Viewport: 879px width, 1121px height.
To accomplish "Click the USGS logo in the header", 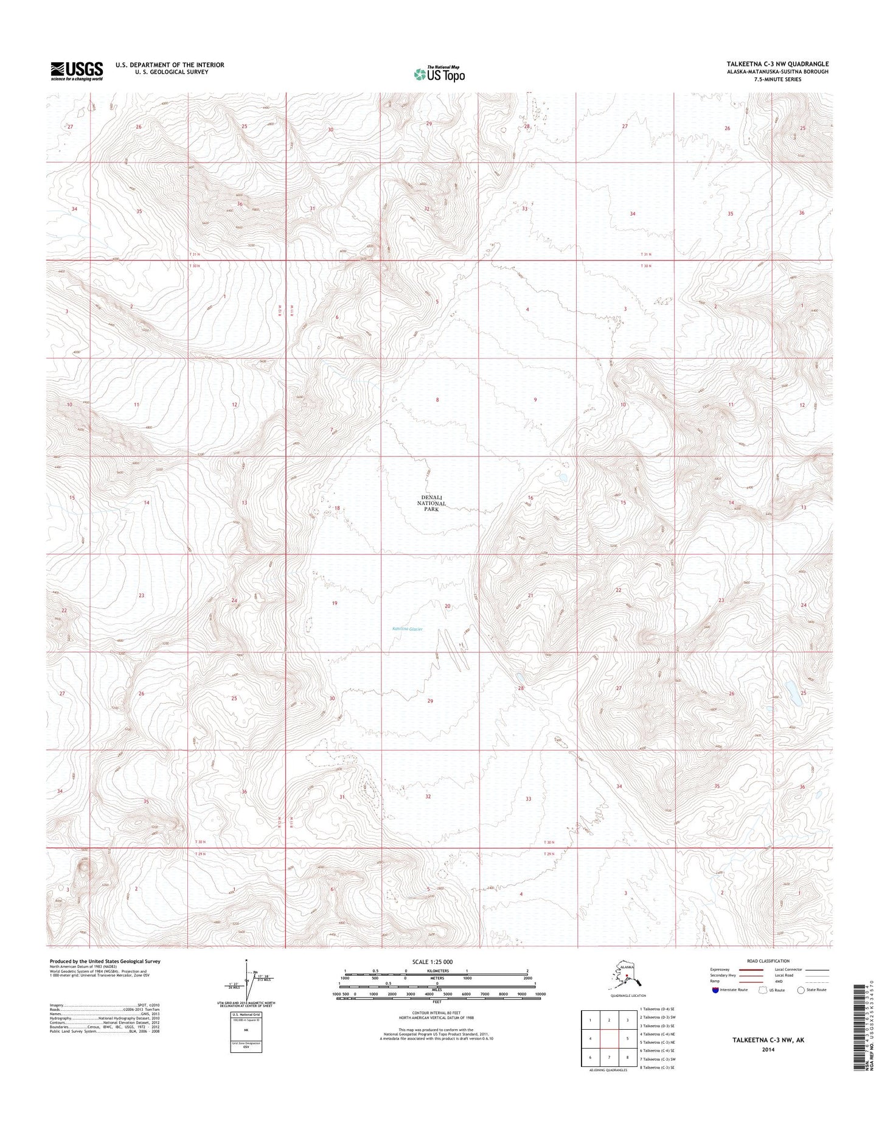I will click(76, 71).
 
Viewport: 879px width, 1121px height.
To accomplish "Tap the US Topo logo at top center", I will click(439, 74).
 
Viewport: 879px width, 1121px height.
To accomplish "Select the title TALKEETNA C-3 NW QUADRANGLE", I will click(781, 64).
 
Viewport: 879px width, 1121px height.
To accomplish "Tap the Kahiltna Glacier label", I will click(408, 629).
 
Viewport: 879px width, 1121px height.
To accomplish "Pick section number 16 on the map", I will click(530, 498).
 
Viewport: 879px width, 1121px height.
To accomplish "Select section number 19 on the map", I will click(334, 603).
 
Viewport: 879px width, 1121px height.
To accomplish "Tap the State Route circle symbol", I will click(801, 990).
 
